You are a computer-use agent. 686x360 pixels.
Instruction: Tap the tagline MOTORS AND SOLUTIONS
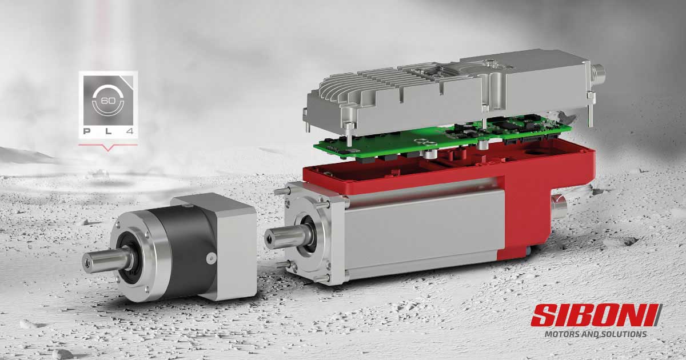tap(595, 334)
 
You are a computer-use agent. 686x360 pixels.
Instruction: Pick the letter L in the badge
tap(107, 131)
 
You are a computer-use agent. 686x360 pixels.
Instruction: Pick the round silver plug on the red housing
tap(558, 203)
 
